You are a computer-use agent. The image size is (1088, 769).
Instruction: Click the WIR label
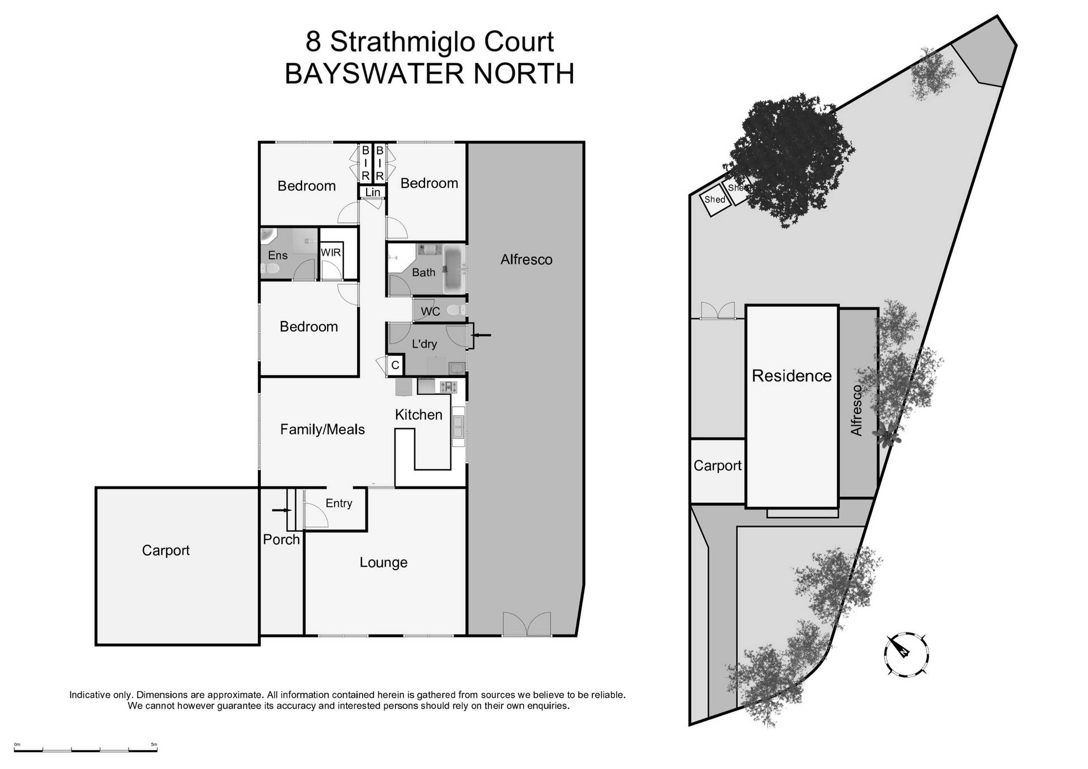click(330, 253)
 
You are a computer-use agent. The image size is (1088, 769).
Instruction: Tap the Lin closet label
click(373, 193)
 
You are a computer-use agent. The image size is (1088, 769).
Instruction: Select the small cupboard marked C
click(396, 365)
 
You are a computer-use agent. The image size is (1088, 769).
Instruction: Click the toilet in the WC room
click(454, 310)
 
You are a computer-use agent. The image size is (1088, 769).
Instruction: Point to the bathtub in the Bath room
click(453, 270)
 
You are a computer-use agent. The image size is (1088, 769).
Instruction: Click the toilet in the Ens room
click(269, 271)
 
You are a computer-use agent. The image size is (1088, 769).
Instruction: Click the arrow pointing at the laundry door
click(482, 335)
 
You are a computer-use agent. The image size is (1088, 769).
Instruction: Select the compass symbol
click(906, 654)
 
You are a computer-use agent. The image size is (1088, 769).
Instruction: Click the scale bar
click(86, 750)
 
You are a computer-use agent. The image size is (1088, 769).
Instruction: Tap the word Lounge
click(384, 562)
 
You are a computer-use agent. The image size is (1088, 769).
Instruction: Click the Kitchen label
click(418, 415)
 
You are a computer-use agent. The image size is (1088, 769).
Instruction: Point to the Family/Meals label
click(322, 429)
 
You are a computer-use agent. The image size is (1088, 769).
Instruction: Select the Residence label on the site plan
click(792, 376)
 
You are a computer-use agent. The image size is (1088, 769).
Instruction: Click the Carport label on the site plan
click(717, 465)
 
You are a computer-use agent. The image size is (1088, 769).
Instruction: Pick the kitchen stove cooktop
click(448, 387)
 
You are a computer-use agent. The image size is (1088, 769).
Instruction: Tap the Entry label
click(339, 503)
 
